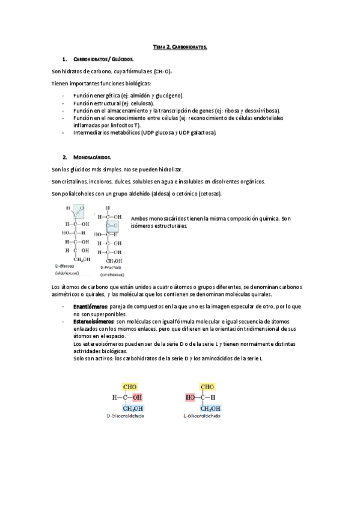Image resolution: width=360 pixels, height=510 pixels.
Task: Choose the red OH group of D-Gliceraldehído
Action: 138,397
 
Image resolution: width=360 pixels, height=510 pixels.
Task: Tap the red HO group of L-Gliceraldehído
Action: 192,397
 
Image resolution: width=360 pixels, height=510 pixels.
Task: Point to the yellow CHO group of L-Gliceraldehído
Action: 207,387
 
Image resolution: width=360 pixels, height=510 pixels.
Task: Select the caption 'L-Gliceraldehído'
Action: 202,415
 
